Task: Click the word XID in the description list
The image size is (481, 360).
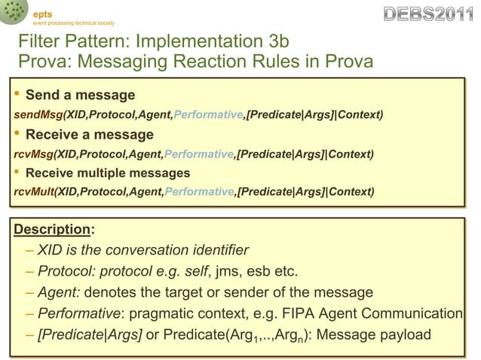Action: coord(50,249)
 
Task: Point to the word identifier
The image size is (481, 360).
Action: coord(218,249)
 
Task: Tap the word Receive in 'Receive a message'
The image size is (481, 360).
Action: coord(52,135)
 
